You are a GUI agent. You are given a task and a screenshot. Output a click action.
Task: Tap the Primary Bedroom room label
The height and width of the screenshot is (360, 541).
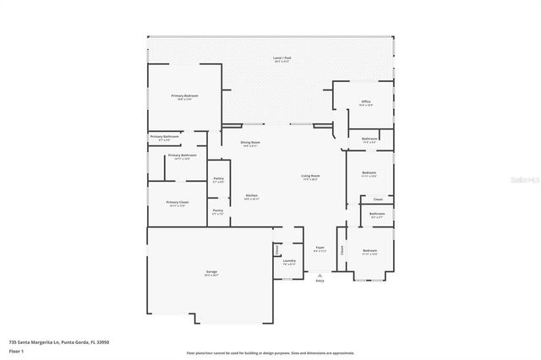[184, 97]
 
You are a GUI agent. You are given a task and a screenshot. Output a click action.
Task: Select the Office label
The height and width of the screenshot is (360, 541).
[365, 101]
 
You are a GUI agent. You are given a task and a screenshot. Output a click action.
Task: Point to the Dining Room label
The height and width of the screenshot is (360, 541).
[250, 143]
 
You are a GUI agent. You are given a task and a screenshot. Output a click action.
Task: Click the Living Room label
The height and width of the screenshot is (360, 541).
[309, 177]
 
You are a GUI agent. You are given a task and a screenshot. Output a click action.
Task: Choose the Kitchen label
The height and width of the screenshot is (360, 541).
[252, 196]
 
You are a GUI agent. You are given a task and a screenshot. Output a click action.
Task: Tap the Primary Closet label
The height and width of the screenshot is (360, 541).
[177, 203]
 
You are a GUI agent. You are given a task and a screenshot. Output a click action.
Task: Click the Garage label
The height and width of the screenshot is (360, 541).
[211, 272]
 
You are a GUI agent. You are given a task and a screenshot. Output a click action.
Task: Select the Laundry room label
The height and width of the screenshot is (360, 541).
[289, 261]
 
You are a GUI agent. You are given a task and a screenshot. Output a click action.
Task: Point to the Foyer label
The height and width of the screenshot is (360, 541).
[320, 248]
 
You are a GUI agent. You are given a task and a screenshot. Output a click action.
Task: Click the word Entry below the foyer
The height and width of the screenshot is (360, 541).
[320, 281]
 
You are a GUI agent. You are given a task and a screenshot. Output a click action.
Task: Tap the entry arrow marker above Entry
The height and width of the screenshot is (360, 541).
[320, 275]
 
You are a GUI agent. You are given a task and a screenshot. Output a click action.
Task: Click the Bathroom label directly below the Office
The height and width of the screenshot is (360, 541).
[369, 139]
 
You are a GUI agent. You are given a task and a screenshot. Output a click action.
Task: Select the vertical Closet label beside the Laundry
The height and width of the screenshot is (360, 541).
[276, 250]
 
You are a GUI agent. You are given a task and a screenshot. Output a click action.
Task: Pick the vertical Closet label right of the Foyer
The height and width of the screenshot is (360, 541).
[342, 250]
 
